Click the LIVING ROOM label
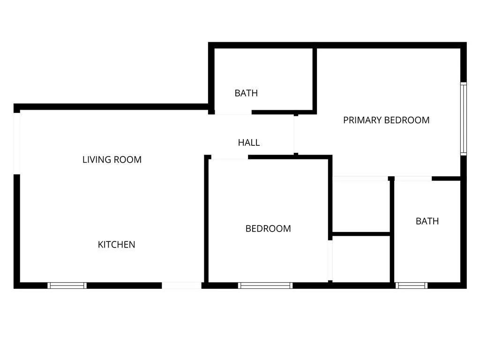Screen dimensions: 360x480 (x=112, y=159)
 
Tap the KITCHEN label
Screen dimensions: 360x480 (x=116, y=244)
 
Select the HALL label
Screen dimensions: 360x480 (x=249, y=142)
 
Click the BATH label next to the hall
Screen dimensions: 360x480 (x=246, y=93)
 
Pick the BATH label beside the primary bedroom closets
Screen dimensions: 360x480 (x=427, y=221)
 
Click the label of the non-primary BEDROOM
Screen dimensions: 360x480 (x=268, y=228)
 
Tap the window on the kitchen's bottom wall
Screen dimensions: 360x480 (x=67, y=285)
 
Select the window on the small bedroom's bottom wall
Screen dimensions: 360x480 (x=265, y=285)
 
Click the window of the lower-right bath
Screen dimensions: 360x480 (x=412, y=285)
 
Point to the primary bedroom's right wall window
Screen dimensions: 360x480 (x=463, y=119)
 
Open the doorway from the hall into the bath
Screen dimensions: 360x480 (x=233, y=112)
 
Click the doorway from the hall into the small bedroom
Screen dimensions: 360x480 (x=229, y=157)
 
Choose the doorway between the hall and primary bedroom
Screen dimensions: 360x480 (x=296, y=134)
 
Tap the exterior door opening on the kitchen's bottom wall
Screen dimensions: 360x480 (x=181, y=285)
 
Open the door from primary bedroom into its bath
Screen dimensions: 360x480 (x=412, y=179)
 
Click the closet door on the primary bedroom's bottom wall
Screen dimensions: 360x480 (x=360, y=179)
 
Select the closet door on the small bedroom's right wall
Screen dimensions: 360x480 (x=330, y=260)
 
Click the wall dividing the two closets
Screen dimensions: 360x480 (x=361, y=233)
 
